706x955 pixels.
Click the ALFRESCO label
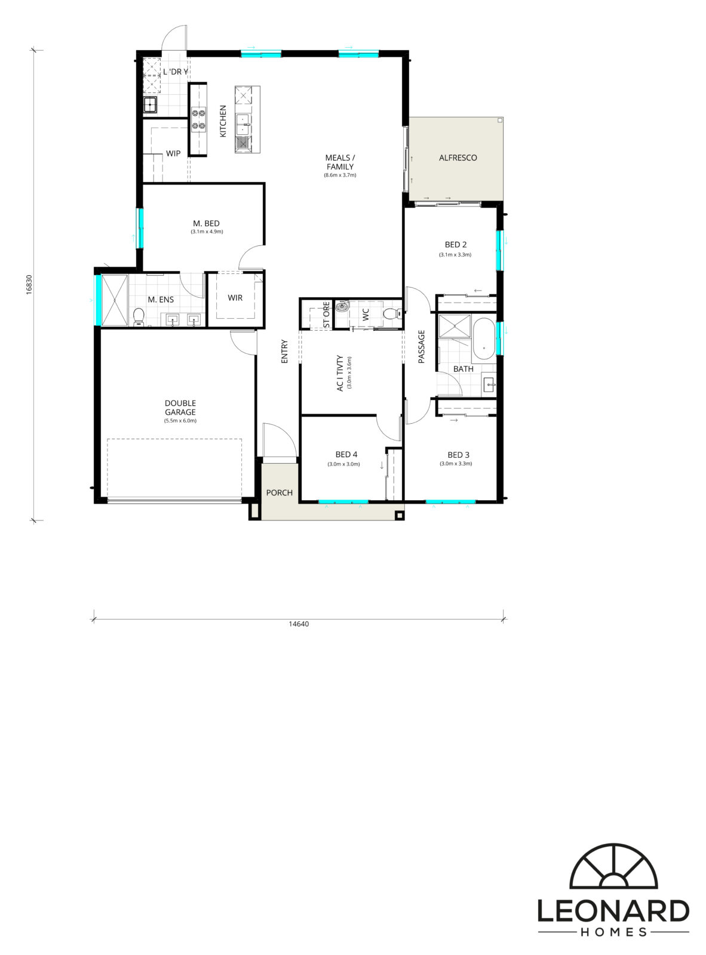pos(458,158)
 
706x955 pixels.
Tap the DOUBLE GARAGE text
pos(180,408)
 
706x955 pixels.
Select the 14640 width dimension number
pos(299,624)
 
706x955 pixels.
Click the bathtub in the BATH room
pos(484,340)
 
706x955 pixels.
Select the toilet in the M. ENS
pos(139,316)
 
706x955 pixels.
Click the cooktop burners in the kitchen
pos(198,119)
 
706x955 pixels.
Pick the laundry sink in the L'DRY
pos(150,105)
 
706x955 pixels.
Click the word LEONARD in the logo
pos(613,911)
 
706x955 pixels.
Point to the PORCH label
pos(279,492)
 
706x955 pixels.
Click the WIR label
pos(235,297)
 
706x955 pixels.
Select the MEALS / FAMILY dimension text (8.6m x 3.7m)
pos(340,175)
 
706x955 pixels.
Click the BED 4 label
pos(346,454)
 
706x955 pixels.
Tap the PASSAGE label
pos(421,347)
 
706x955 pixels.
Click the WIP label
pos(173,153)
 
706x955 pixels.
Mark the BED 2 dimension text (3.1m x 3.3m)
pos(455,254)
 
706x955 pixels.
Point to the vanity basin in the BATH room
pos(489,382)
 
